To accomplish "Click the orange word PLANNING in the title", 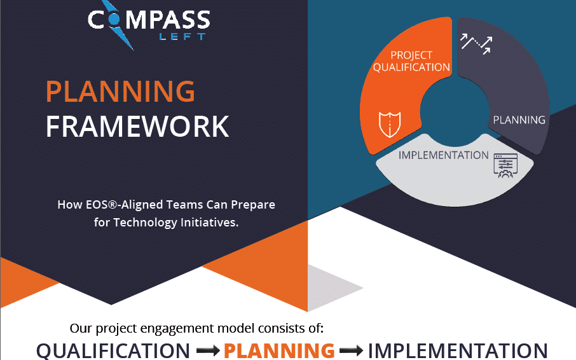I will pos(120,92).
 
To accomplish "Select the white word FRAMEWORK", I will pos(137,126).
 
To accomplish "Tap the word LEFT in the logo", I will pos(182,37).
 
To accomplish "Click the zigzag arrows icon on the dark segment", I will pos(476,44).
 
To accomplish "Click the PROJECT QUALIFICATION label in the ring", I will pos(411,61).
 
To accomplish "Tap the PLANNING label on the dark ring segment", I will pos(519,120).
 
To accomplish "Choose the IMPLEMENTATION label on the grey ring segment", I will pos(443,155).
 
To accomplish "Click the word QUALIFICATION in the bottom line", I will pos(113,350).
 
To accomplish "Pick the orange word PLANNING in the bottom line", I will pos(279,350).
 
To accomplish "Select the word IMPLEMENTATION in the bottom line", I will pos(458,350).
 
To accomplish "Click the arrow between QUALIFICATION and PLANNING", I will pos(207,350).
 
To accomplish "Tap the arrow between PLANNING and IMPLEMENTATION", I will pos(351,350).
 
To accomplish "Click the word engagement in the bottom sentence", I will pos(181,329).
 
